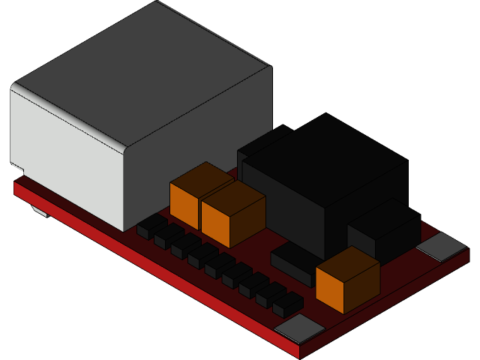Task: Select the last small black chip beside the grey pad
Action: point(288,303)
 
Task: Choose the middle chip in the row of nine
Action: point(220,264)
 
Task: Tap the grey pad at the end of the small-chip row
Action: point(300,328)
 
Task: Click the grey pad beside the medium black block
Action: point(441,246)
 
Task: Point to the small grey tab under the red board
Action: point(40,211)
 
